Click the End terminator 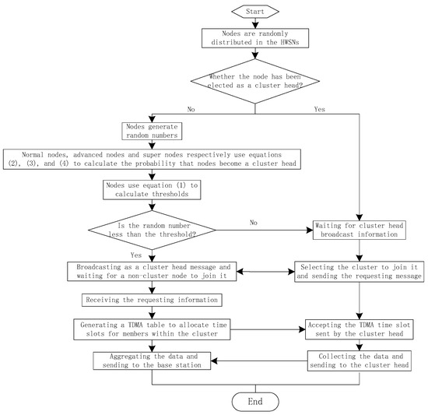[255, 401]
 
